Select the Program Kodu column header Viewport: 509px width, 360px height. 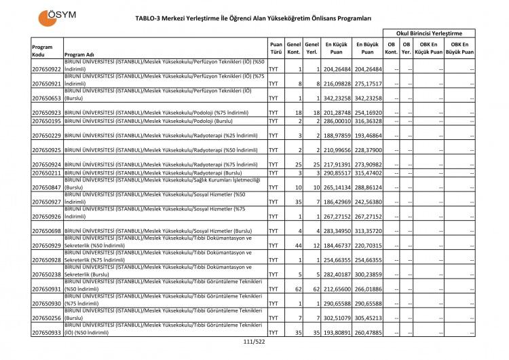[x=42, y=50]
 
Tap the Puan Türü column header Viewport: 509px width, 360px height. [x=276, y=47]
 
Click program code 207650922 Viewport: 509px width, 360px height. [x=47, y=69]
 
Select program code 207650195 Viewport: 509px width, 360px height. [x=47, y=121]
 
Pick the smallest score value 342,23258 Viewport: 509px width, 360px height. [x=335, y=98]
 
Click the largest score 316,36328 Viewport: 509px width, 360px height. [x=367, y=121]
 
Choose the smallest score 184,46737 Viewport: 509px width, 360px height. [x=335, y=245]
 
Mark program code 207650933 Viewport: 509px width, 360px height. [x=47, y=333]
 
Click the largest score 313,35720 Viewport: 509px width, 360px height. [x=367, y=231]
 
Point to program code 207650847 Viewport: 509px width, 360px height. [x=47, y=186]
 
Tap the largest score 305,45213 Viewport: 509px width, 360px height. [x=367, y=318]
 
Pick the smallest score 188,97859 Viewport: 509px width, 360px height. [x=335, y=136]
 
